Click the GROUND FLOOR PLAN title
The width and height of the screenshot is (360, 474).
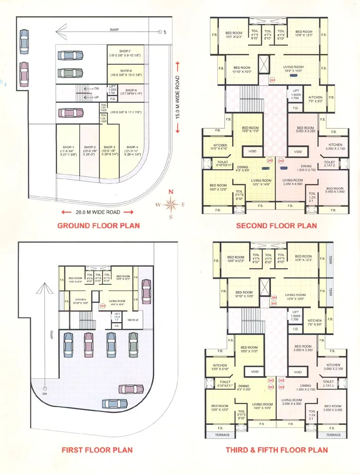point(98,226)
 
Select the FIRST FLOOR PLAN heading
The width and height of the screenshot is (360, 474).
point(97,450)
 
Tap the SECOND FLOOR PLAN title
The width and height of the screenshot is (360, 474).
point(276,226)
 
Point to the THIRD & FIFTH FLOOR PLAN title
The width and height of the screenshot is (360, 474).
point(276,450)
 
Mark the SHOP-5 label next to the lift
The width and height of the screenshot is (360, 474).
point(131,90)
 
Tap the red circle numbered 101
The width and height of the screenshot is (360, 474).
point(102,306)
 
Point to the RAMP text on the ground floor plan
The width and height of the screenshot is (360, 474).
point(114,29)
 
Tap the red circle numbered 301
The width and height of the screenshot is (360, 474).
point(274,298)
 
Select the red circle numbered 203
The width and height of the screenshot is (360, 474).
point(270,161)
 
